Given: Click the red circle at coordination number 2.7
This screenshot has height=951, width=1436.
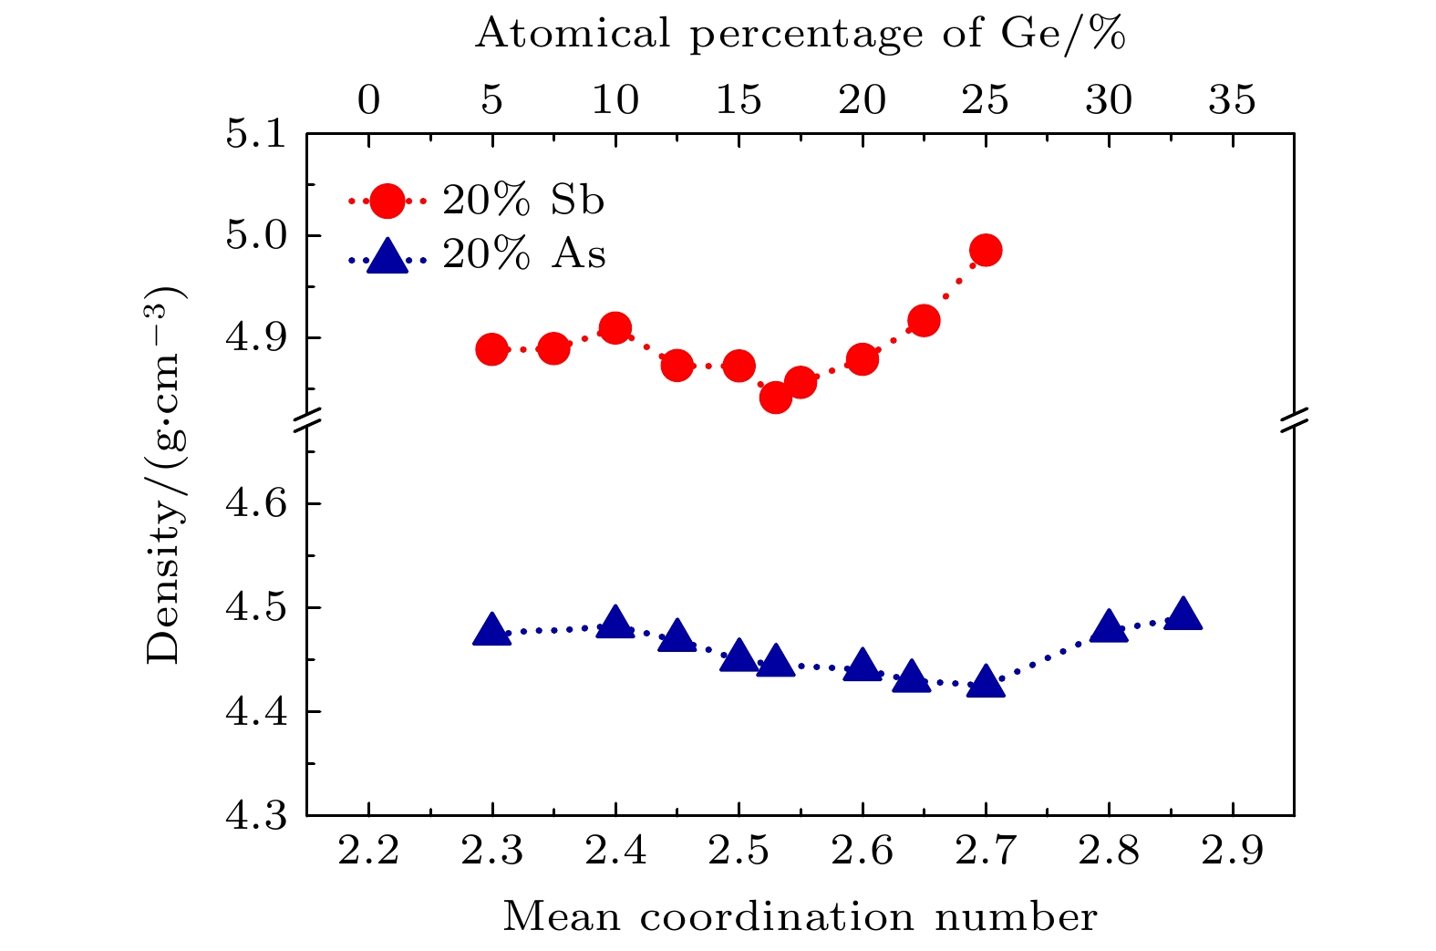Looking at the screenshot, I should [986, 250].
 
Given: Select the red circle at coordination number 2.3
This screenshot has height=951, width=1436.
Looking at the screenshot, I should [491, 349].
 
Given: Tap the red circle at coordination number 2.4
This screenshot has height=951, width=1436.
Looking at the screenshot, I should [615, 328].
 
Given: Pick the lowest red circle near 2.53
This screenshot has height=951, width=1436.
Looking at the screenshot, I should [775, 397].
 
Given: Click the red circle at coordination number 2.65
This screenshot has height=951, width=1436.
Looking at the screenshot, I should [924, 321].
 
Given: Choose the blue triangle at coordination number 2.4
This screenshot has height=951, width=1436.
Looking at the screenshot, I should [615, 623].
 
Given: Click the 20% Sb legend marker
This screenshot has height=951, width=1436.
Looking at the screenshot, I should [387, 201].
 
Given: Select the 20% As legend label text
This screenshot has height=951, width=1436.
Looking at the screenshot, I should [524, 254].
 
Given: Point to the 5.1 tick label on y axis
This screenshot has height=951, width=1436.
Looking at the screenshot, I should [255, 134].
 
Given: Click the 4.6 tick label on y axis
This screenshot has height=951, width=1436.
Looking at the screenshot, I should [255, 504].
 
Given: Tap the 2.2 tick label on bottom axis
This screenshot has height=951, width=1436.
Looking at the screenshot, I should [368, 852].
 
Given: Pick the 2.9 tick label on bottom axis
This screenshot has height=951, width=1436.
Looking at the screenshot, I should [1233, 852].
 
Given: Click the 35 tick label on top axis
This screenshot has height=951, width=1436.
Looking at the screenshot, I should [1233, 99].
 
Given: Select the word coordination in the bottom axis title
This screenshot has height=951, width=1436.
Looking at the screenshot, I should [777, 917].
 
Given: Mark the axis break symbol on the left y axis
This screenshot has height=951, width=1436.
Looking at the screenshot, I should [307, 420].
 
